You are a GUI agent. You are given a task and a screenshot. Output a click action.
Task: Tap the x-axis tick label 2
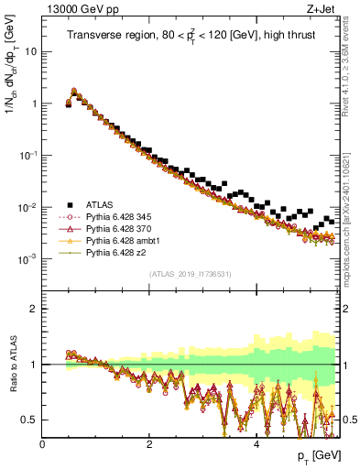(x=149, y=445)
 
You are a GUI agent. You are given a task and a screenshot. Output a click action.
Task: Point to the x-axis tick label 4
(x=256, y=445)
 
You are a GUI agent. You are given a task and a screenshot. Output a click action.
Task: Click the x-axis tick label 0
(x=43, y=445)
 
